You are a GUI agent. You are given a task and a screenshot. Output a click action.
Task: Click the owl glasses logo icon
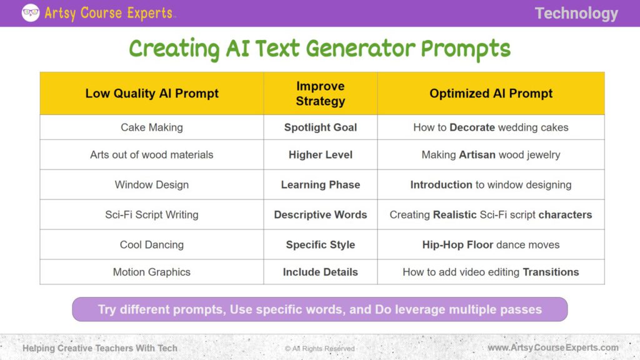click(31, 12)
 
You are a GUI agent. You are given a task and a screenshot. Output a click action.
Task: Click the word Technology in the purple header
click(576, 14)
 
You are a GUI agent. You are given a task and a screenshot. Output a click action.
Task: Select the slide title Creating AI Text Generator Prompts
click(319, 49)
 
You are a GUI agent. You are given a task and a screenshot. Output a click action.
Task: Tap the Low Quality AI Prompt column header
click(152, 94)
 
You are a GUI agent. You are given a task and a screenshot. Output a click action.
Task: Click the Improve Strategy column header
click(320, 94)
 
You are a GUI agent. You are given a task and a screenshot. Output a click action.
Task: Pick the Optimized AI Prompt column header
click(491, 94)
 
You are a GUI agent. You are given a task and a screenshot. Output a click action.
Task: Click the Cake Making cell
click(152, 127)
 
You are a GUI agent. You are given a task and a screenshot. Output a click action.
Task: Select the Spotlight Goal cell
click(320, 127)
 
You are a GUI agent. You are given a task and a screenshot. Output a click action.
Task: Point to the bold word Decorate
click(472, 127)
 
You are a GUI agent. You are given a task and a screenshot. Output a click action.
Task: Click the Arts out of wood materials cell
click(152, 155)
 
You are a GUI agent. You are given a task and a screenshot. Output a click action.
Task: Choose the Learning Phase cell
click(320, 185)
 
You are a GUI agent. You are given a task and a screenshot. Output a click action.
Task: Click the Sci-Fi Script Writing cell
click(152, 215)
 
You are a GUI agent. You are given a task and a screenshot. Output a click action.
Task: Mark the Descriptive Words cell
click(320, 215)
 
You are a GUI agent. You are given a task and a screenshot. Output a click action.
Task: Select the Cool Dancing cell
click(152, 245)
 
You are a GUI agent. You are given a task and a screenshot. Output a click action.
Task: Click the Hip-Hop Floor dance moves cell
click(491, 245)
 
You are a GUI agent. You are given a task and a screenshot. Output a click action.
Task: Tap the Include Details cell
click(320, 272)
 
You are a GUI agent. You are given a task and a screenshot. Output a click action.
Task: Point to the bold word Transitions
click(551, 272)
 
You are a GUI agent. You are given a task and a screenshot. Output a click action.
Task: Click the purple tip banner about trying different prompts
click(319, 309)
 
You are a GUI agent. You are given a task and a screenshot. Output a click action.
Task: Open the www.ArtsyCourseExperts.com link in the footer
click(552, 348)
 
